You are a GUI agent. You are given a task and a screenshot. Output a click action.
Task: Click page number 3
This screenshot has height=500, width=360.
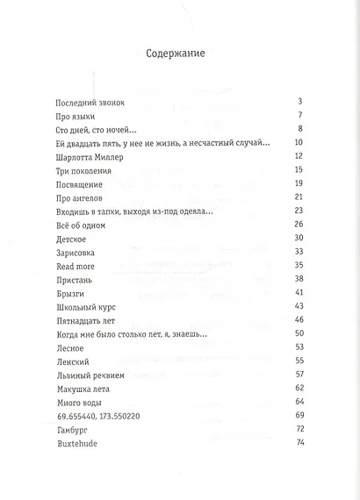[x=300, y=103]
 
